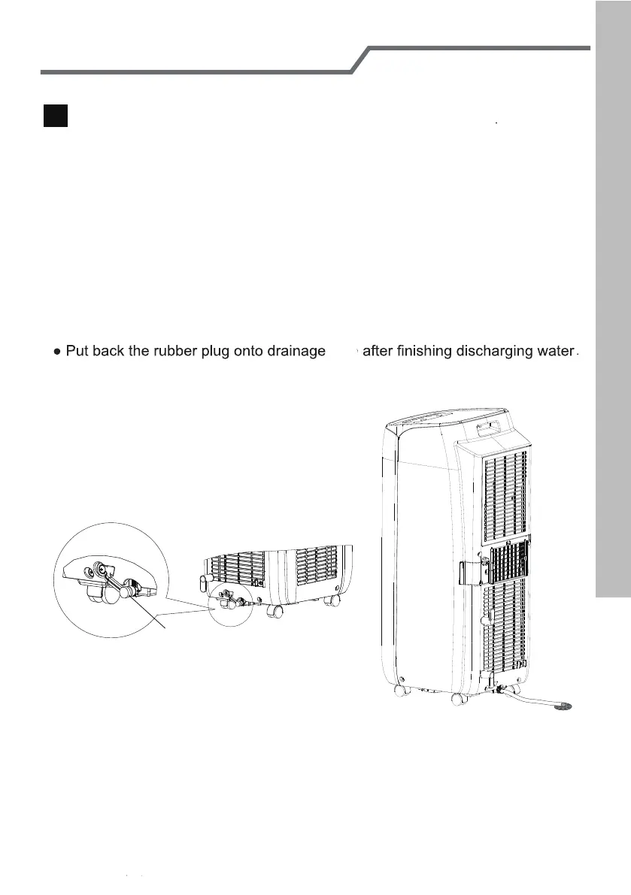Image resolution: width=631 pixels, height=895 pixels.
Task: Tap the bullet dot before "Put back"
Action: tap(57, 352)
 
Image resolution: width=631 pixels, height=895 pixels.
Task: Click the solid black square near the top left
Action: tap(56, 116)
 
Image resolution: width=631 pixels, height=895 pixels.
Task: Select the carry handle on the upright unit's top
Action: tap(489, 430)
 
